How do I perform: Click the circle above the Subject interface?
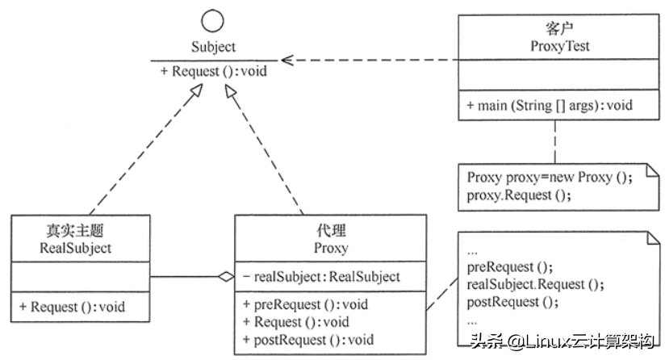(214, 22)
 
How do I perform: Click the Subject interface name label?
(214, 48)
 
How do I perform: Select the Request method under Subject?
(214, 71)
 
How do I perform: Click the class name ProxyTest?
(554, 46)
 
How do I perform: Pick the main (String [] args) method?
(548, 106)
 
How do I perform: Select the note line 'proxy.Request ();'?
(512, 195)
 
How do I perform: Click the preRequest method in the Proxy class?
(305, 304)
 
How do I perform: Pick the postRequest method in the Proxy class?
(308, 339)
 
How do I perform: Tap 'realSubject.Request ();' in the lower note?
(535, 285)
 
